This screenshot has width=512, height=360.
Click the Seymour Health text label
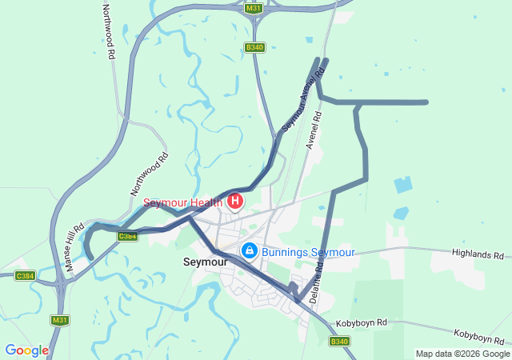click(183, 202)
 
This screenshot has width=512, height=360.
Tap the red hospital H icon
click(235, 201)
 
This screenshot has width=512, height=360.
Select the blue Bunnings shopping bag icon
click(250, 251)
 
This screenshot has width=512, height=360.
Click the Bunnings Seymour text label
click(308, 252)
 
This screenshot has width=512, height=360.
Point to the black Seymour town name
click(206, 262)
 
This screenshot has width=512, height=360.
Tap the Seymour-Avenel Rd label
click(304, 100)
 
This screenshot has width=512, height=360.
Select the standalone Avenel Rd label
click(314, 130)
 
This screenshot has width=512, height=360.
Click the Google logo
click(26, 350)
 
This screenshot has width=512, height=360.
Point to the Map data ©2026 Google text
click(462, 354)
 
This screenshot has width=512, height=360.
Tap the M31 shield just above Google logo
click(60, 320)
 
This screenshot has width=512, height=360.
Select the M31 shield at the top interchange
click(254, 9)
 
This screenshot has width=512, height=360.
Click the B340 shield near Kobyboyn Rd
click(340, 342)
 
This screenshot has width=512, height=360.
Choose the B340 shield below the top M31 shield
click(254, 48)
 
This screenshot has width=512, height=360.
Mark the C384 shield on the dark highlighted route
click(126, 236)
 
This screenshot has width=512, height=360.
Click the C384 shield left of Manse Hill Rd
click(25, 276)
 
